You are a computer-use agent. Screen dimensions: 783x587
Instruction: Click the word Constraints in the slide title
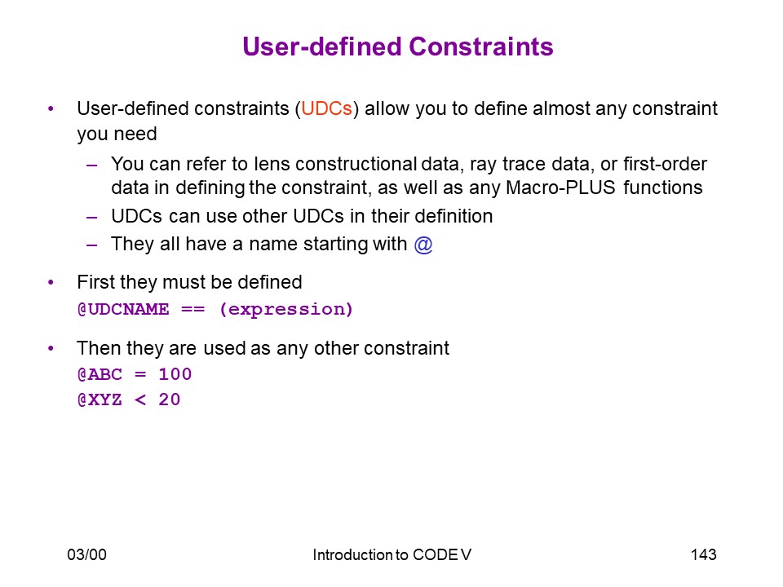pos(481,46)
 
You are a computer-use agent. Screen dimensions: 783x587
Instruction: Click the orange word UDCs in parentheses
pos(326,108)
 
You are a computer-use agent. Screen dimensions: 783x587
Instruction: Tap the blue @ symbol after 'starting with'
pos(423,245)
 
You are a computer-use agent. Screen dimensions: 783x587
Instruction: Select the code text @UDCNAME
pos(123,310)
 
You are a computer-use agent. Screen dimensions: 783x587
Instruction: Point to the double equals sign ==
pos(192,310)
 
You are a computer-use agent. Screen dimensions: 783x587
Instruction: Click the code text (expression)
pos(286,310)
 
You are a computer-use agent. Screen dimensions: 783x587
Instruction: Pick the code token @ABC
pos(100,374)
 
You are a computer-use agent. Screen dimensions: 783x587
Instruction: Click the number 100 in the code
pos(175,374)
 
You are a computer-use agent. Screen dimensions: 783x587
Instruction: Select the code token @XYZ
pos(100,399)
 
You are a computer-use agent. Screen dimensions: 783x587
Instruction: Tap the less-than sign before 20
pos(140,399)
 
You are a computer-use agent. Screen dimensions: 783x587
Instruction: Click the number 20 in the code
pos(170,399)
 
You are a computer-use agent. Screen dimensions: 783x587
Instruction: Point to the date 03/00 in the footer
pos(87,554)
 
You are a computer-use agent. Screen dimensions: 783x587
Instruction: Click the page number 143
pos(704,554)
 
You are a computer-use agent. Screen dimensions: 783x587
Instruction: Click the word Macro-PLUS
pos(560,188)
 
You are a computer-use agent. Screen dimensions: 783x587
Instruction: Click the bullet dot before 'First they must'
pos(51,283)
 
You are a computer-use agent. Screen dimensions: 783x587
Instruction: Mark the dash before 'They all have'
pos(91,245)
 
